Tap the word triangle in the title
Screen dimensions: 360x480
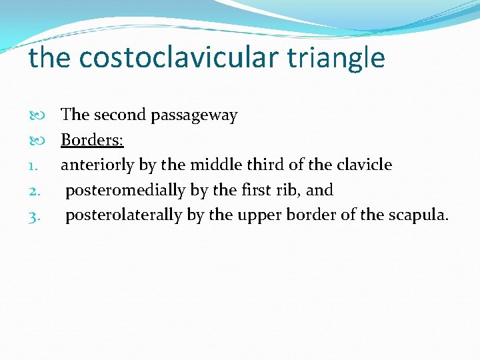(x=337, y=58)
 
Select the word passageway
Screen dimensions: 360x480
(x=194, y=115)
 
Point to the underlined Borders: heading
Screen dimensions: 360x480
(x=92, y=140)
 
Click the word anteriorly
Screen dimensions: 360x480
(x=97, y=165)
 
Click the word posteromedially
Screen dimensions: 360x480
(x=125, y=191)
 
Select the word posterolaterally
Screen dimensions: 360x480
(x=123, y=216)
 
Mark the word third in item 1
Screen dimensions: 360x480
(x=267, y=165)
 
